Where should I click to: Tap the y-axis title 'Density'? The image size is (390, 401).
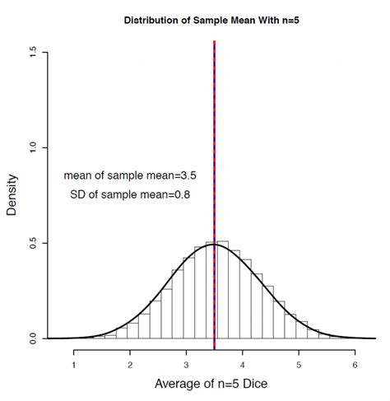[x=12, y=194]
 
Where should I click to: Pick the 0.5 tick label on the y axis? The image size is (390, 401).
[x=32, y=243]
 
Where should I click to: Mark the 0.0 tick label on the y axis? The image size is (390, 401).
[x=32, y=338]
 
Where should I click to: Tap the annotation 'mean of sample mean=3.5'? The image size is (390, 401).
[x=128, y=175]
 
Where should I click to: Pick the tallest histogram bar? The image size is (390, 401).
[x=222, y=288]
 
